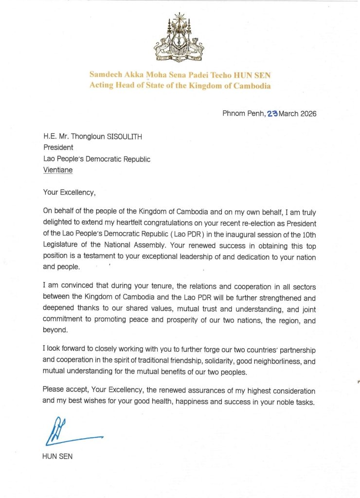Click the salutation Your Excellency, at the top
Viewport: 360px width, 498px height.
[x=70, y=192]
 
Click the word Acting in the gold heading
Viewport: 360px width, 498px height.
[x=102, y=86]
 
